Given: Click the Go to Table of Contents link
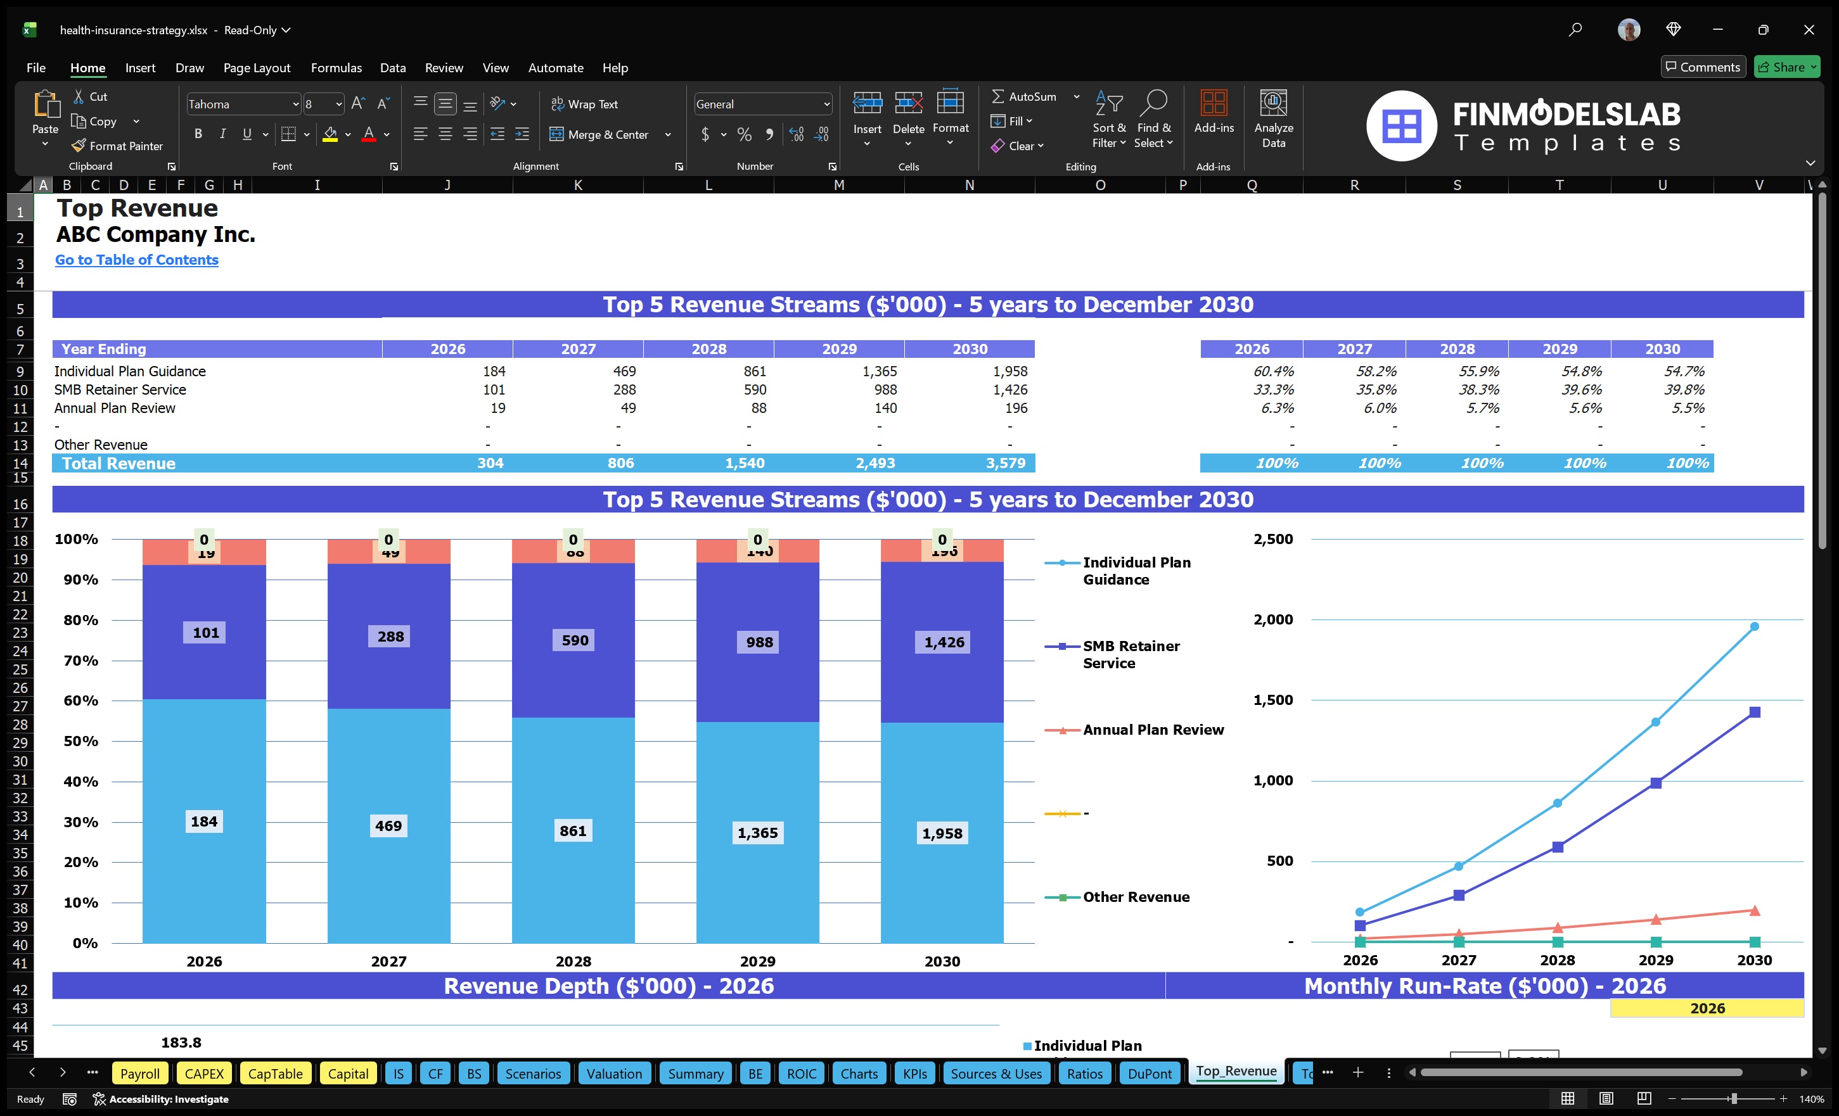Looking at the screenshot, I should tap(137, 260).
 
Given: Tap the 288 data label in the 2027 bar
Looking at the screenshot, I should tap(390, 637).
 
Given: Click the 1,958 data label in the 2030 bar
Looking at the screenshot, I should tap(942, 834).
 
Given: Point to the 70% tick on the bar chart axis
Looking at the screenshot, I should tap(80, 660).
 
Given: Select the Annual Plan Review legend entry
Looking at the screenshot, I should tap(1152, 730).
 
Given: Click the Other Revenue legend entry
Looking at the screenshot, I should tap(1135, 897).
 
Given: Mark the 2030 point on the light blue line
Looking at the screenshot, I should tap(1754, 626).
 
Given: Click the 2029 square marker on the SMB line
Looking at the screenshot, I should tap(1655, 783).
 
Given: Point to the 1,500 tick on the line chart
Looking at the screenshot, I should tap(1272, 700).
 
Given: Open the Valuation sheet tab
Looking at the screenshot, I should tap(613, 1074).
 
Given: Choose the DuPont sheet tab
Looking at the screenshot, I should tap(1150, 1074).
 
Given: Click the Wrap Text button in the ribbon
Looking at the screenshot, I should tap(584, 105).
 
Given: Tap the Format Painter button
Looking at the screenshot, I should tap(118, 146).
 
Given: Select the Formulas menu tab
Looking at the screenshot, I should tap(336, 68).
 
